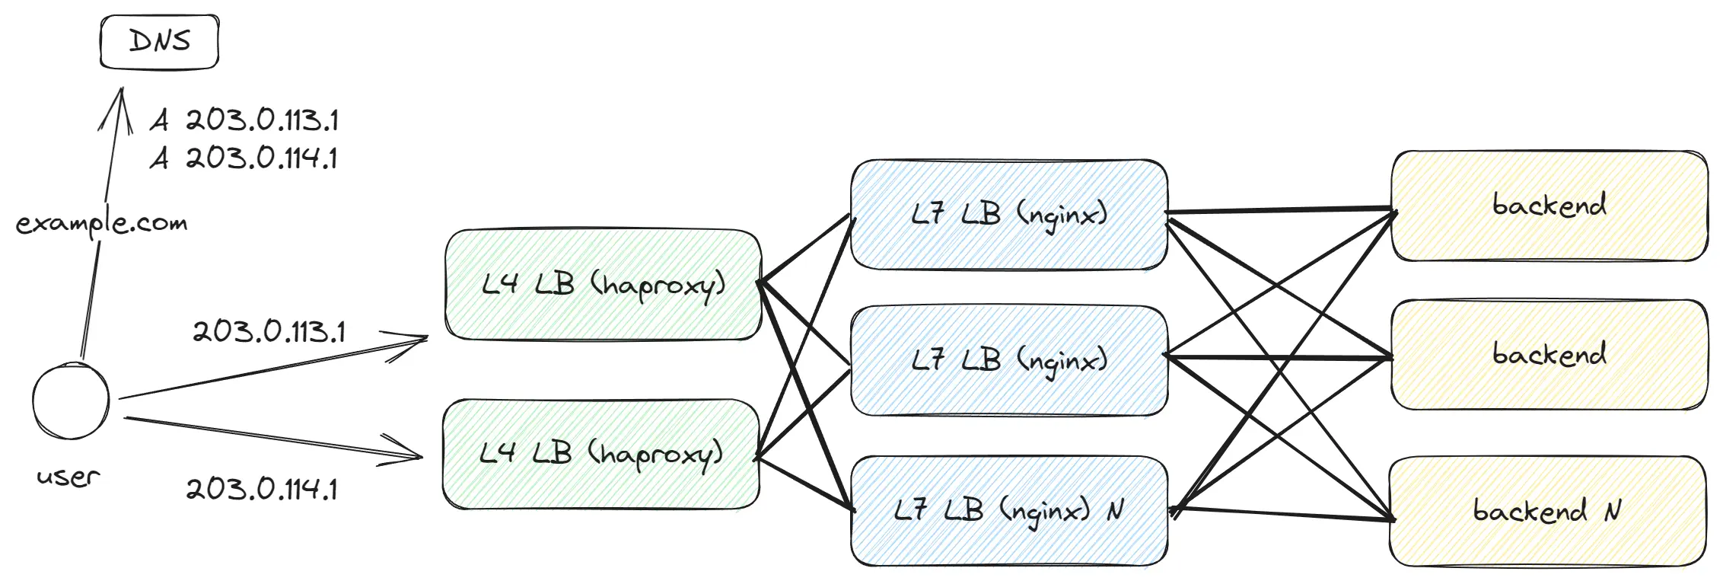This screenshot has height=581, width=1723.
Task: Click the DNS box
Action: click(160, 42)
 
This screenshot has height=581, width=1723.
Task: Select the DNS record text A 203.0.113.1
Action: click(244, 120)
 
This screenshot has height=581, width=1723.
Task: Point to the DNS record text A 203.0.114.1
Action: click(244, 158)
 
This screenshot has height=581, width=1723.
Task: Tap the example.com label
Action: click(101, 223)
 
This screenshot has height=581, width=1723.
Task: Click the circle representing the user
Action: click(71, 401)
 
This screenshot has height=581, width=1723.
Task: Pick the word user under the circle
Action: click(68, 477)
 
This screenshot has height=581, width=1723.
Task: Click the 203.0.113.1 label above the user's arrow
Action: click(269, 332)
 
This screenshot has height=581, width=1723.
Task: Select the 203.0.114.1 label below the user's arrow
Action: click(262, 488)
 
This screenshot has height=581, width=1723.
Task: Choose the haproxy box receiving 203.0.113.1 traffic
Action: click(603, 285)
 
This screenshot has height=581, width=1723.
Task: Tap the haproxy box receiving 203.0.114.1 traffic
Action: click(600, 454)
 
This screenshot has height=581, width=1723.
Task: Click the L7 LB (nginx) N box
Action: click(1008, 510)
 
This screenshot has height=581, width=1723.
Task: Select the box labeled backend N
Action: click(1547, 510)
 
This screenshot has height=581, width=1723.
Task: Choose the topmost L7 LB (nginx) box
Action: click(1008, 214)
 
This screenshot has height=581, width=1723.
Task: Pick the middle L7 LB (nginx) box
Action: click(1008, 360)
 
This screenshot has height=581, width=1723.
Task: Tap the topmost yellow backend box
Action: click(1549, 206)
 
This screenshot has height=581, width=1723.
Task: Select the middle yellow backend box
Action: click(1549, 355)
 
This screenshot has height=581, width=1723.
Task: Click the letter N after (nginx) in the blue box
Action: click(1115, 510)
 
